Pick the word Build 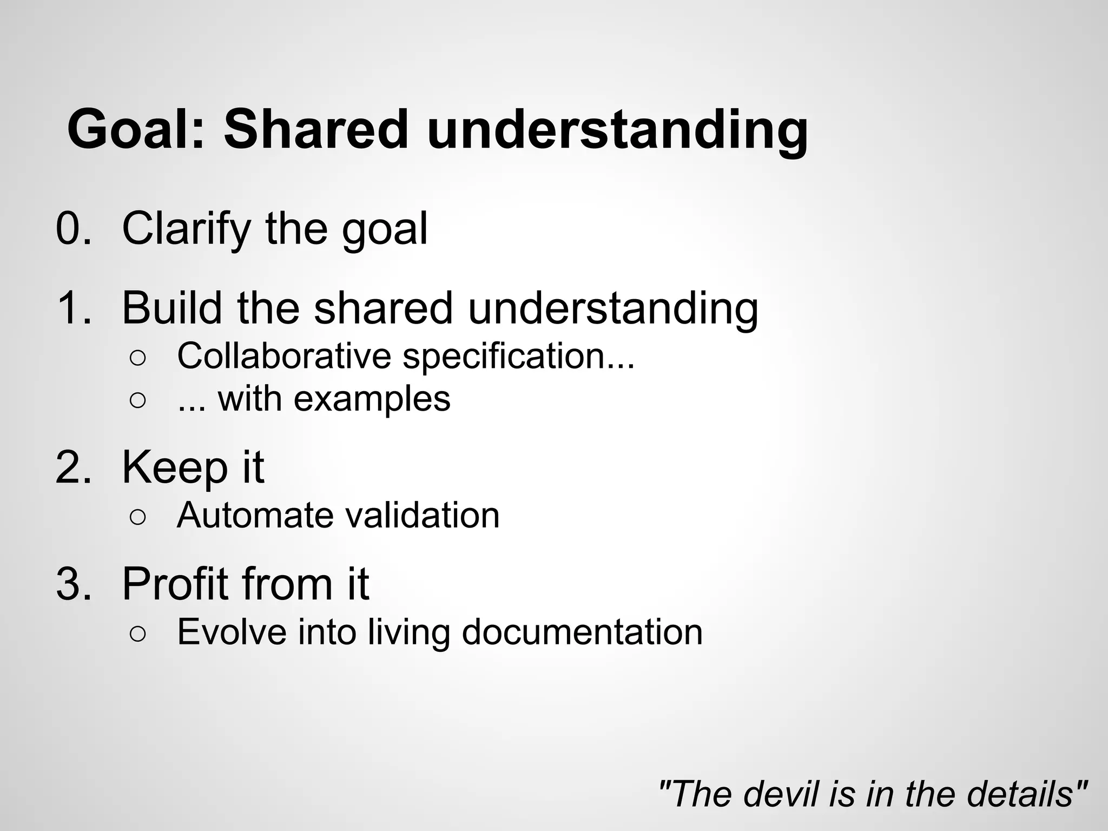click(172, 308)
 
